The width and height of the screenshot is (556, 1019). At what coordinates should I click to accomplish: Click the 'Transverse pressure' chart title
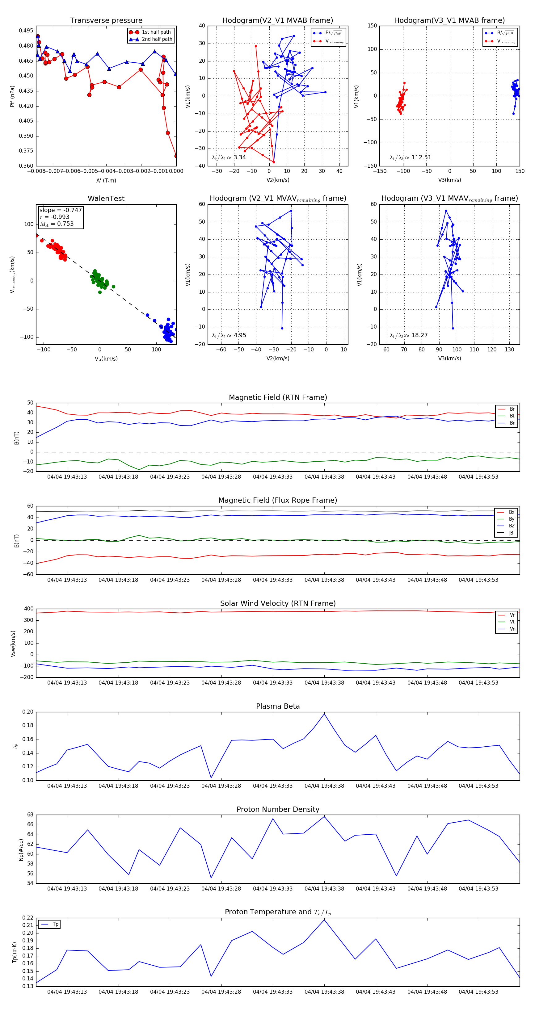click(x=106, y=21)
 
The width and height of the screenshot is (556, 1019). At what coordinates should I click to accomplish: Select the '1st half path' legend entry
click(x=156, y=32)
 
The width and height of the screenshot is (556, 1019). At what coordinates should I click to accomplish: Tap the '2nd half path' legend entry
click(x=157, y=39)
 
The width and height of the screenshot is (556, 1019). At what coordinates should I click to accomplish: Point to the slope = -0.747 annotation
click(x=61, y=210)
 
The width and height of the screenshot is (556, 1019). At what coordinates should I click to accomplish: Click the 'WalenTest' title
click(x=106, y=199)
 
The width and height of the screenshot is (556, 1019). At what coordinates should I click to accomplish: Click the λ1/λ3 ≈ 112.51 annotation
click(x=411, y=157)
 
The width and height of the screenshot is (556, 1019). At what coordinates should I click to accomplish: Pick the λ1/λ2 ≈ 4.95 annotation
click(x=229, y=335)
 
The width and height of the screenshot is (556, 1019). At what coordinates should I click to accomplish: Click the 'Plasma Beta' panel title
click(x=278, y=707)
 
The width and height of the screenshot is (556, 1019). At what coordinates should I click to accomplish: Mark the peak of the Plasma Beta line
click(x=325, y=714)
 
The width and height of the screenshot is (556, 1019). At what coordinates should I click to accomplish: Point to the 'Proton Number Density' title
click(x=278, y=809)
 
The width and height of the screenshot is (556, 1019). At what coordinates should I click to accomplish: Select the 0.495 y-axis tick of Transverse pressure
click(x=26, y=31)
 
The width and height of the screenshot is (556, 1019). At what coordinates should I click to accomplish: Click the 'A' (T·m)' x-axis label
click(x=106, y=181)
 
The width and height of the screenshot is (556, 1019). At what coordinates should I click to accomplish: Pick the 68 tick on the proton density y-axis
click(x=30, y=815)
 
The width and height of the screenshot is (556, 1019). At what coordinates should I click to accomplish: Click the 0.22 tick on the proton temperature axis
click(x=28, y=918)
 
